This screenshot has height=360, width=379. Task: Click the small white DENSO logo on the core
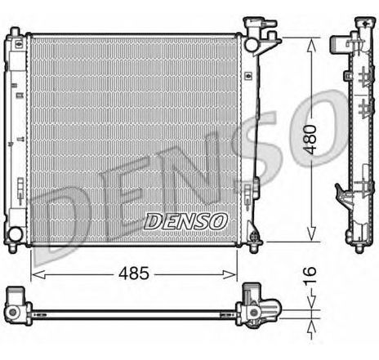(185, 220)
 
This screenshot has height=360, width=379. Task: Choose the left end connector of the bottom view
(16, 305)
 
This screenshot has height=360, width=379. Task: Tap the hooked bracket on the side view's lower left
(341, 195)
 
